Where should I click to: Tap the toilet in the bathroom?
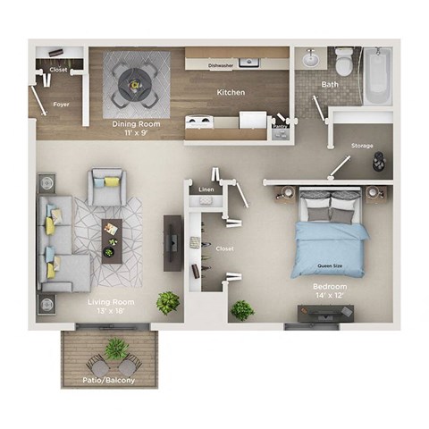[x=344, y=63]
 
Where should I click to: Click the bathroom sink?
[x=310, y=61]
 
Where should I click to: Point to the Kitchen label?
[x=231, y=92]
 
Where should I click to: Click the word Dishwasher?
[x=221, y=65]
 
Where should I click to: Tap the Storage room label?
[x=362, y=146]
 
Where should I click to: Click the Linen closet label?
[x=206, y=189]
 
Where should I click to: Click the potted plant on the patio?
[x=115, y=349]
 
